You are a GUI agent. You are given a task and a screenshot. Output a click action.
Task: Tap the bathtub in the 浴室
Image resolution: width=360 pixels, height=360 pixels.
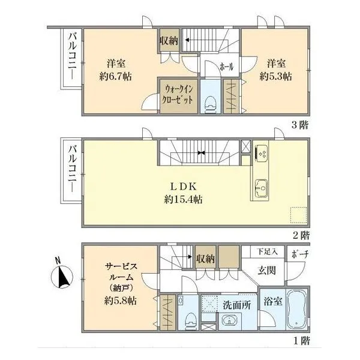pyautogui.click(x=297, y=309)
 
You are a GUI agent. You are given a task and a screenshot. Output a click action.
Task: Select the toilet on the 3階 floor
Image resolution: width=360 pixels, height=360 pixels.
pyautogui.click(x=211, y=104)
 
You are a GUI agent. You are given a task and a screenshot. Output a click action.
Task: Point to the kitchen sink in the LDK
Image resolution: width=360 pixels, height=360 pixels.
pyautogui.click(x=261, y=188)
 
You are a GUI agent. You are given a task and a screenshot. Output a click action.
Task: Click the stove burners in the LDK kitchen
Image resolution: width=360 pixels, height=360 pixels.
pyautogui.click(x=262, y=152)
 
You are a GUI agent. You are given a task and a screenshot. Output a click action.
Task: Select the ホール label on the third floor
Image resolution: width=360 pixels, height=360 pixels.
pyautogui.click(x=226, y=67)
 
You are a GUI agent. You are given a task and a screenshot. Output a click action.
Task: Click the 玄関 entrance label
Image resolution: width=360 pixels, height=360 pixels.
pyautogui.click(x=266, y=271)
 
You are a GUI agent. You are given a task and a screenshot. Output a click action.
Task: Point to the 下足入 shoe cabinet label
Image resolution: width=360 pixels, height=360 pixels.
pyautogui.click(x=267, y=251)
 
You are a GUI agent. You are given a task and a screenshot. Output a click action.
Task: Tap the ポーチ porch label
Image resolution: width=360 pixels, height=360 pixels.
pyautogui.click(x=300, y=254)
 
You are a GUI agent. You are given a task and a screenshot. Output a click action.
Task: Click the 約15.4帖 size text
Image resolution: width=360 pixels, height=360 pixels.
pyautogui.click(x=183, y=200)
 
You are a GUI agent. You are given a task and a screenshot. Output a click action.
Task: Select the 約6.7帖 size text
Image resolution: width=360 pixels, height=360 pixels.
pyautogui.click(x=115, y=76)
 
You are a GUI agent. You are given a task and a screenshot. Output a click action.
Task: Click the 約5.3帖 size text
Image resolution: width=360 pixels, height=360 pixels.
pyautogui.click(x=276, y=76)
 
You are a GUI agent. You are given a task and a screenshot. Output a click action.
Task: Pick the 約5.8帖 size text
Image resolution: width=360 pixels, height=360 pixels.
pyautogui.click(x=121, y=301)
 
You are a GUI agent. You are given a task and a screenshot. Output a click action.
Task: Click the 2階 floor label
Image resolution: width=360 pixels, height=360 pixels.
pyautogui.click(x=301, y=236)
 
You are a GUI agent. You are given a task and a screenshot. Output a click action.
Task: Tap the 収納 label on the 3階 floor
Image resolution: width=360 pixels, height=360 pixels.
pyautogui.click(x=169, y=41)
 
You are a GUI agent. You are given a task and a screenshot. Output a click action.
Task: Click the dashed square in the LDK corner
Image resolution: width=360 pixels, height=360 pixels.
pyautogui.click(x=298, y=215)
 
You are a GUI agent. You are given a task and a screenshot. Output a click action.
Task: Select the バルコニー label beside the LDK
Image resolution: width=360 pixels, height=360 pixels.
pyautogui.click(x=73, y=168)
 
